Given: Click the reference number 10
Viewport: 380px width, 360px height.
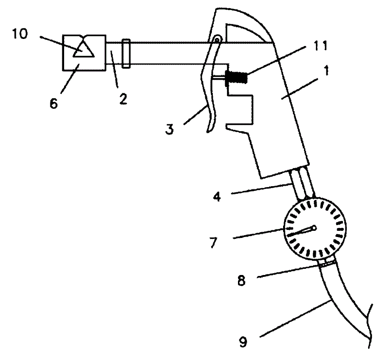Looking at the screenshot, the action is (20, 34).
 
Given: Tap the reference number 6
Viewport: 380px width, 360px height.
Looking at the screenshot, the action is (54, 104).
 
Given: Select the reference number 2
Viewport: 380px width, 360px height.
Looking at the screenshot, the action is (123, 99).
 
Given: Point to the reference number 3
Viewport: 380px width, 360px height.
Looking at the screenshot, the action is (170, 129).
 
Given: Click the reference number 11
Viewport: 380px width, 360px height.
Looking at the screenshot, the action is (320, 46).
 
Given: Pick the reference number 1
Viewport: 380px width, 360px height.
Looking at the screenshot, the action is (326, 70).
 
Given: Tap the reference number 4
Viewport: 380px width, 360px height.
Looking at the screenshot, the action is (217, 196).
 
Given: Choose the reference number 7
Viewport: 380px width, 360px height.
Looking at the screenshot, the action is (213, 243).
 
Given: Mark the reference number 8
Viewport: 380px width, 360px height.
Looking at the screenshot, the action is (241, 281).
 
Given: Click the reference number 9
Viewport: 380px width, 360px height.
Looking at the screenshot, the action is (243, 342).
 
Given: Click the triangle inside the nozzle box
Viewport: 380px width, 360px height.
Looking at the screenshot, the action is (84, 49).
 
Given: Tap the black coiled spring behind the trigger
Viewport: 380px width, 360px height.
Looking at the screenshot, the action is (236, 77).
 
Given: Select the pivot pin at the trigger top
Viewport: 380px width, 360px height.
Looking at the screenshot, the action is (217, 39).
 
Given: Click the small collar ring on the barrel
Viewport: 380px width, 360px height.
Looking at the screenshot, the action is (126, 53).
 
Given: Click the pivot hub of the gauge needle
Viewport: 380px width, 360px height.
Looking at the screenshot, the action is (314, 227).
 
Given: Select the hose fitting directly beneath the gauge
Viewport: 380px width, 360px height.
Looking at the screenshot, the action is (327, 262).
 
